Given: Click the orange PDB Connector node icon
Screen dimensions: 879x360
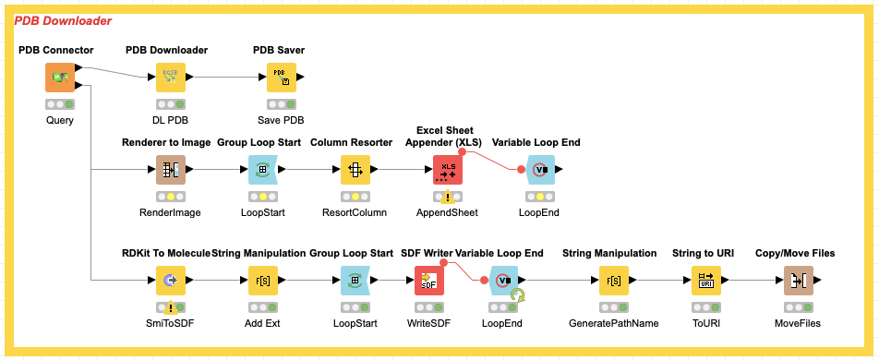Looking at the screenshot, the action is [59, 77].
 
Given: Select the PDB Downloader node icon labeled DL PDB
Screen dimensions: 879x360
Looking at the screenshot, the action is [171, 77].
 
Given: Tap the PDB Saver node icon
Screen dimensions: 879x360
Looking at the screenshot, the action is [282, 77].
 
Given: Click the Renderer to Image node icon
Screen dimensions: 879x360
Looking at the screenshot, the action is [171, 169].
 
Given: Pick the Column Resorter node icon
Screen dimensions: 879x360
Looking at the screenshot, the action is [355, 169].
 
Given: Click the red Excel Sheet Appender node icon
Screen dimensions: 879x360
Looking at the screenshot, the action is [448, 169].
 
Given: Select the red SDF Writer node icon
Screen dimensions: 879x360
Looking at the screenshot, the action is [428, 281].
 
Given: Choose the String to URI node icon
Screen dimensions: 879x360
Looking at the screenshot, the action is [706, 281].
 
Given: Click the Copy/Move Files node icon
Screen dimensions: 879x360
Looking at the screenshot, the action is [799, 281].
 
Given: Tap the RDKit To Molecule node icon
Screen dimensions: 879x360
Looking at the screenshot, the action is [171, 281].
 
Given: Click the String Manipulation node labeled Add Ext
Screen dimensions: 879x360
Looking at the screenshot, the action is [263, 281].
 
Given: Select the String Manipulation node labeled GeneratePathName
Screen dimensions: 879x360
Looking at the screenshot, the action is [614, 281].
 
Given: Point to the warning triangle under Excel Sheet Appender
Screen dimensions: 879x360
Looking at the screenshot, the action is [447, 197].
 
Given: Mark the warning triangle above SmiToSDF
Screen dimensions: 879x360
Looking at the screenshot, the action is [171, 307].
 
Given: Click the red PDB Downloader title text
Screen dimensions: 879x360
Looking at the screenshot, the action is [63, 21].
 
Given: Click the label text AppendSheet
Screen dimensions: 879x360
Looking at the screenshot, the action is [447, 212].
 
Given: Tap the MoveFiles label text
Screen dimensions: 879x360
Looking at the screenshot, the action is [798, 324].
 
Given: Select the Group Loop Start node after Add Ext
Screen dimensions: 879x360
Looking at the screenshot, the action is [355, 281].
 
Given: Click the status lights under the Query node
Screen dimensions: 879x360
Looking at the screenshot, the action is [59, 104].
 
